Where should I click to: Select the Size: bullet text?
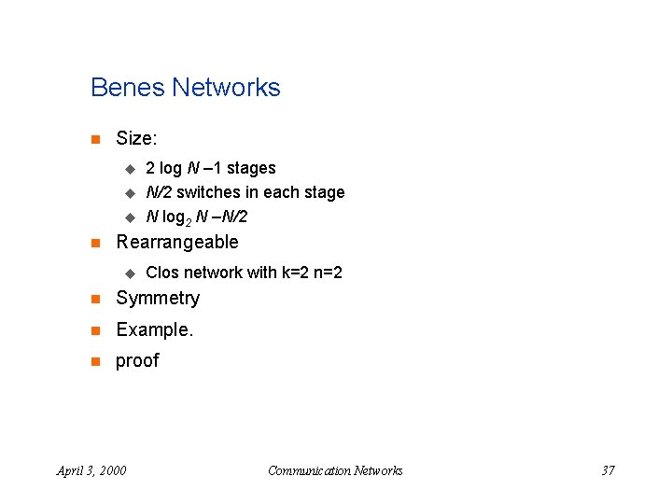(x=136, y=139)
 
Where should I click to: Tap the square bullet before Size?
(x=94, y=140)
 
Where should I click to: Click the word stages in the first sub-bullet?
(x=251, y=168)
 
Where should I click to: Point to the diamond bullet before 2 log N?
(x=130, y=169)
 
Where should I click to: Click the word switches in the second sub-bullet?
(x=208, y=192)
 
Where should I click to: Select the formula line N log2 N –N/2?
(x=196, y=217)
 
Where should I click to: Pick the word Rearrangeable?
(x=176, y=243)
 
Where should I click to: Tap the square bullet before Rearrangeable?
(x=94, y=244)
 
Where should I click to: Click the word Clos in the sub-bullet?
(x=162, y=273)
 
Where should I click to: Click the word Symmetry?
(x=157, y=299)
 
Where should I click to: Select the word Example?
(x=154, y=329)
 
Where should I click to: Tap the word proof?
(x=137, y=361)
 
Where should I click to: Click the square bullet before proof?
(x=94, y=362)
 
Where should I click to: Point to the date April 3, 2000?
(x=91, y=470)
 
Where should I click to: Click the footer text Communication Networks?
(x=335, y=470)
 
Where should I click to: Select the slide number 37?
(x=608, y=470)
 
